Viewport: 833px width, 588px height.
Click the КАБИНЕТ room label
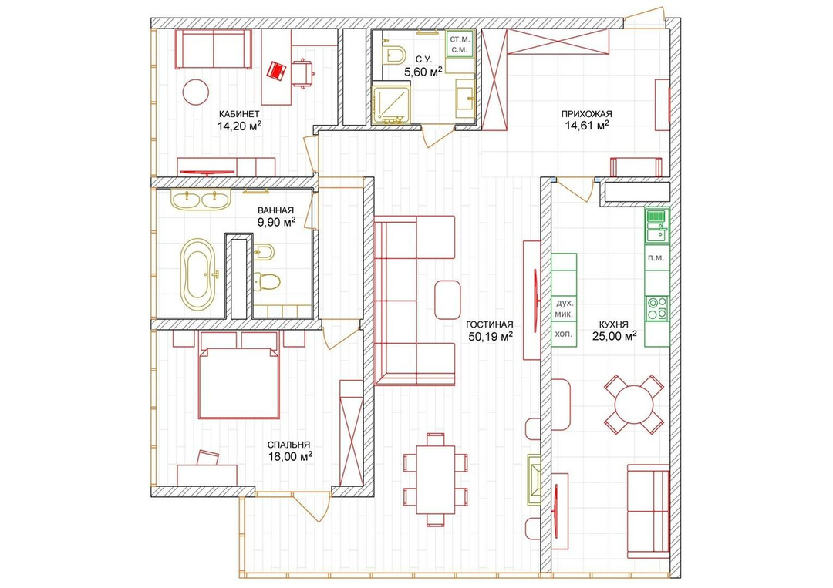239,113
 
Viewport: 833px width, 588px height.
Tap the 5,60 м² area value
423,72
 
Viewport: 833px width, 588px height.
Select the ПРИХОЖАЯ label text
586,113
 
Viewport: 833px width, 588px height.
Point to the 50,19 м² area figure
490,336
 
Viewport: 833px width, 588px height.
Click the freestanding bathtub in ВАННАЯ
199,274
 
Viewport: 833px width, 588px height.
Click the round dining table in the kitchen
634,405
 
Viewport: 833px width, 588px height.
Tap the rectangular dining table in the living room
436,479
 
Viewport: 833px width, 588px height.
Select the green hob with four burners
657,308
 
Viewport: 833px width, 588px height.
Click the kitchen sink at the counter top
657,226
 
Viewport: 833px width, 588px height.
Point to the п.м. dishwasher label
656,258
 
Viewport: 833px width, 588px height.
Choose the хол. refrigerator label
564,334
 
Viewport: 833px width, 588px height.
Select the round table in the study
195,92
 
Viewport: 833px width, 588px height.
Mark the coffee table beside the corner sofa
447,300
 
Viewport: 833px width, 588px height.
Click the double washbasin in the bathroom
201,199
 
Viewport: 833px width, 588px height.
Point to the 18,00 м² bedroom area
289,456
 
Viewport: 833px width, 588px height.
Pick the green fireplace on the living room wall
534,479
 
